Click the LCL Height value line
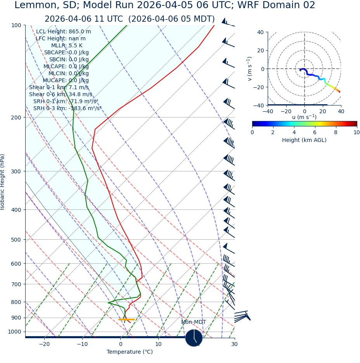(x=63, y=32)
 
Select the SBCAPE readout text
(x=66, y=53)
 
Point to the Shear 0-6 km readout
(x=61, y=95)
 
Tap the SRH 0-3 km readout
(x=67, y=109)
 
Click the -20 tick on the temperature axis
(x=44, y=344)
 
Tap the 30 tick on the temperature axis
(x=234, y=344)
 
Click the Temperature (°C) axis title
(x=130, y=352)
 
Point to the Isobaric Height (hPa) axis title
(x=3, y=182)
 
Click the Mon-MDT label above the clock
(x=194, y=322)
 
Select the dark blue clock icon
(x=194, y=338)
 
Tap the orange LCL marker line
(x=126, y=320)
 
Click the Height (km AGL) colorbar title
(x=304, y=140)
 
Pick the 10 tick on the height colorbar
(x=357, y=133)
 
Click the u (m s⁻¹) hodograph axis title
(x=304, y=117)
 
